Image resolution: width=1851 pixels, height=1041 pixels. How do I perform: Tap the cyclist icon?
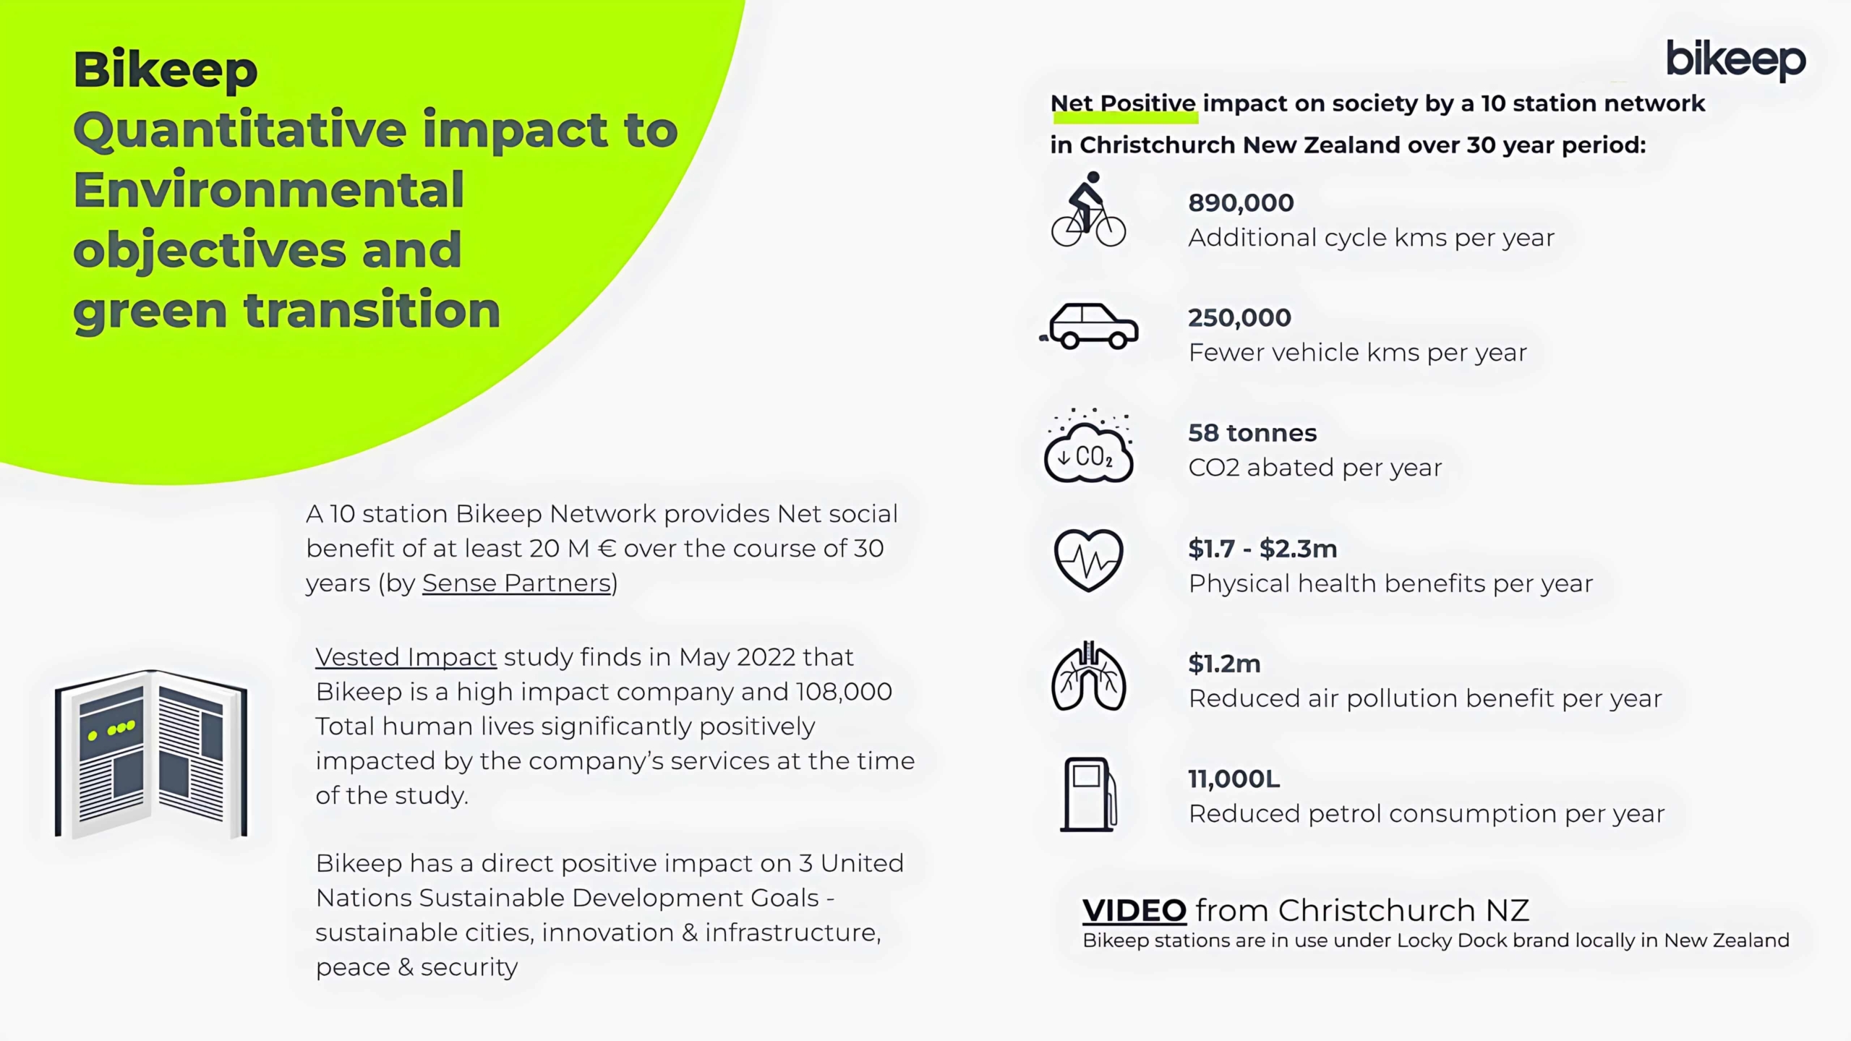pyautogui.click(x=1088, y=209)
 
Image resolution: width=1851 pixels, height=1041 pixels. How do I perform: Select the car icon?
pyautogui.click(x=1089, y=327)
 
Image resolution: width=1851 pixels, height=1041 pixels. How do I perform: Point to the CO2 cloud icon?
pyautogui.click(x=1088, y=445)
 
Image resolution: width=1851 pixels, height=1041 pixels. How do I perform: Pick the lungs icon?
pyautogui.click(x=1088, y=676)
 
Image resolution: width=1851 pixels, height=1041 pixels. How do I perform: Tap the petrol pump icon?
pyautogui.click(x=1088, y=794)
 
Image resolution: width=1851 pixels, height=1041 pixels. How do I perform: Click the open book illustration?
pyautogui.click(x=151, y=754)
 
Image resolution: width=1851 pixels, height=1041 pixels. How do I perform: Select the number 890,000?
pyautogui.click(x=1241, y=203)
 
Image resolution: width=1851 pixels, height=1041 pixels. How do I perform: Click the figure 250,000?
pyautogui.click(x=1239, y=318)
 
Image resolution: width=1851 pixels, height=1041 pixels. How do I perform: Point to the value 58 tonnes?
pyautogui.click(x=1252, y=433)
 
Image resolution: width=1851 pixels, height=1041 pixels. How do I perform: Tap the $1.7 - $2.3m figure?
pyautogui.click(x=1262, y=549)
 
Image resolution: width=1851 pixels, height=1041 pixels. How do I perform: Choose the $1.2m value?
pyautogui.click(x=1224, y=664)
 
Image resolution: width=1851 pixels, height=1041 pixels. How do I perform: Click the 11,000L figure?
pyautogui.click(x=1234, y=779)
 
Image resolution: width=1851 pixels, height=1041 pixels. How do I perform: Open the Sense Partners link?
pyautogui.click(x=517, y=583)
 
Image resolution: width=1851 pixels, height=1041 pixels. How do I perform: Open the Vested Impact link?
pyautogui.click(x=406, y=657)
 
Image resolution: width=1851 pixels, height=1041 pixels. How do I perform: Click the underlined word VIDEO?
pyautogui.click(x=1134, y=911)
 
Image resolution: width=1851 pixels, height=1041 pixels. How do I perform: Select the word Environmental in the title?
pyautogui.click(x=268, y=189)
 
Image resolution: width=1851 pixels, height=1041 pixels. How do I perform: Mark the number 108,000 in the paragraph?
pyautogui.click(x=844, y=692)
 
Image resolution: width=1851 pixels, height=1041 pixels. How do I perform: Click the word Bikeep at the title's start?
pyautogui.click(x=166, y=71)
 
